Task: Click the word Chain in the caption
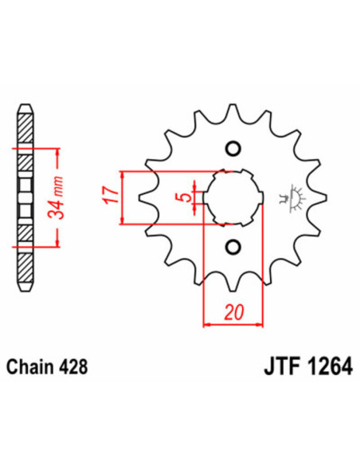(31, 369)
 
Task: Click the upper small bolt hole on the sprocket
(233, 149)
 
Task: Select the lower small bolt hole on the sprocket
(233, 245)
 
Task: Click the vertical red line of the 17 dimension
(122, 197)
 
